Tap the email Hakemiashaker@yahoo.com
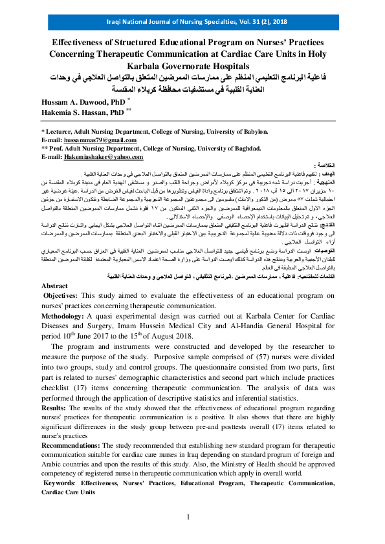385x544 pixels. click(x=96, y=157)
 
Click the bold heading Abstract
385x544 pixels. click(x=54, y=285)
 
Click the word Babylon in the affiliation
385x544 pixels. click(x=253, y=130)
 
